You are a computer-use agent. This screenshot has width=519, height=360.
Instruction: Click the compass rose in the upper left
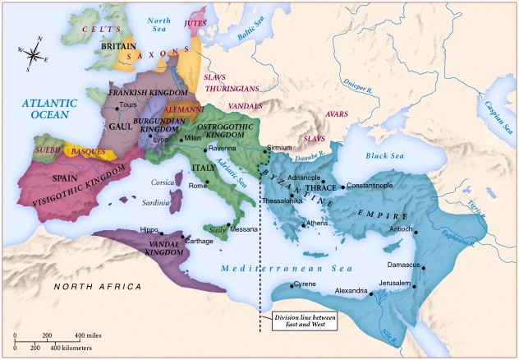click(33, 55)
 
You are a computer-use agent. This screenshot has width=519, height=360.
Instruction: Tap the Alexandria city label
click(356, 291)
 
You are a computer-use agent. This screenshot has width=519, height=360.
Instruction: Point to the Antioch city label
click(400, 229)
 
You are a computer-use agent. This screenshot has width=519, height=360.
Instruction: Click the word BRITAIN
click(117, 47)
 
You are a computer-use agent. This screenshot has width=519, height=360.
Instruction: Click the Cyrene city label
click(306, 285)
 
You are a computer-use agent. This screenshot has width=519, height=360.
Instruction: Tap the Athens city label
click(317, 224)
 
